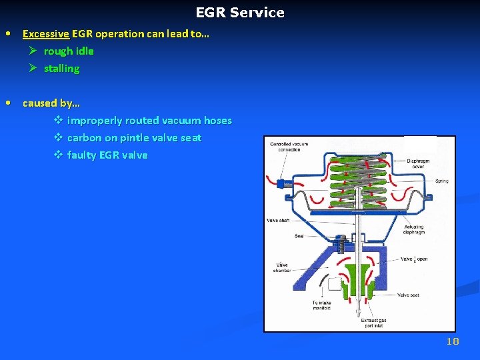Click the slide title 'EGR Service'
tap(240, 13)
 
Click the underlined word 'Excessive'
tap(46, 33)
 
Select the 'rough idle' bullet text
tap(69, 51)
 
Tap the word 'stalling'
tap(61, 68)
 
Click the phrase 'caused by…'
tap(51, 103)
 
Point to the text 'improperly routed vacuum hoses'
tap(149, 120)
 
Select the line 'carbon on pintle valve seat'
tap(134, 137)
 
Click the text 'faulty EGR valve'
tap(107, 155)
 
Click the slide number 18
tap(453, 341)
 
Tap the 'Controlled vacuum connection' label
tap(289, 147)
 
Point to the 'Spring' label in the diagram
tap(441, 181)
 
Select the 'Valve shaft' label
tap(277, 220)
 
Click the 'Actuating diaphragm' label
tap(414, 230)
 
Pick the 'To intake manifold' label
tap(321, 305)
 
